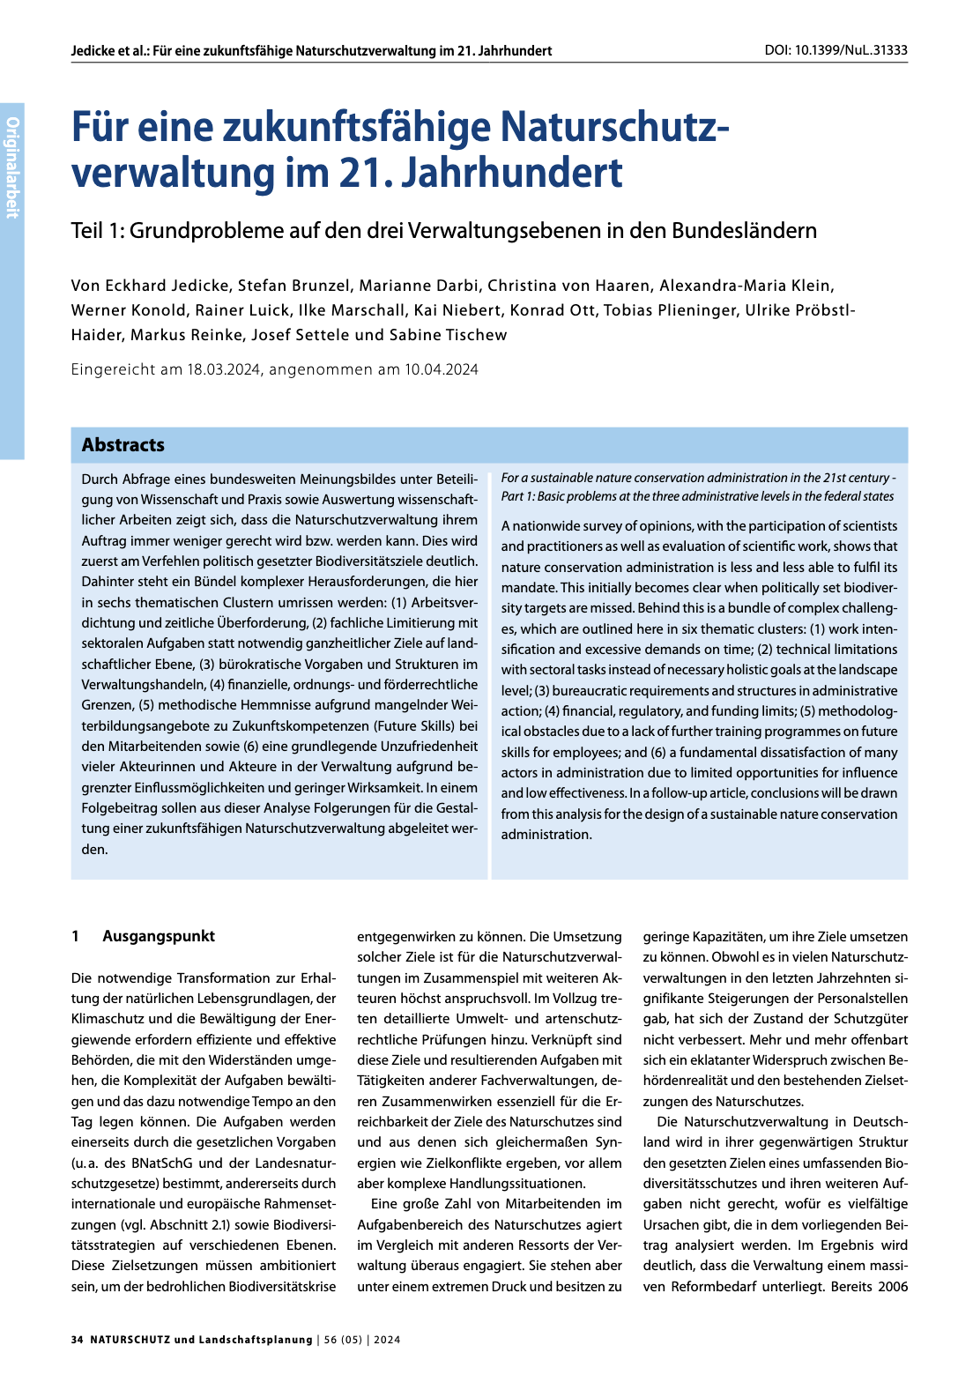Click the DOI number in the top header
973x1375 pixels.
(851, 50)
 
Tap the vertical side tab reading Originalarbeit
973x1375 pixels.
(12, 167)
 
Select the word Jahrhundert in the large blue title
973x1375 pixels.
(512, 173)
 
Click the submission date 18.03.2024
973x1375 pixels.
(224, 370)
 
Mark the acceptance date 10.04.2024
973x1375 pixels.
(442, 370)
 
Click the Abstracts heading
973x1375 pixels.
(123, 445)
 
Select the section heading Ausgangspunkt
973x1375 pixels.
(159, 936)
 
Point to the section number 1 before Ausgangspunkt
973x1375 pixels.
(76, 936)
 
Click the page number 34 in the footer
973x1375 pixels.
(78, 1340)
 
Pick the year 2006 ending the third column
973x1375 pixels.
(892, 1287)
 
